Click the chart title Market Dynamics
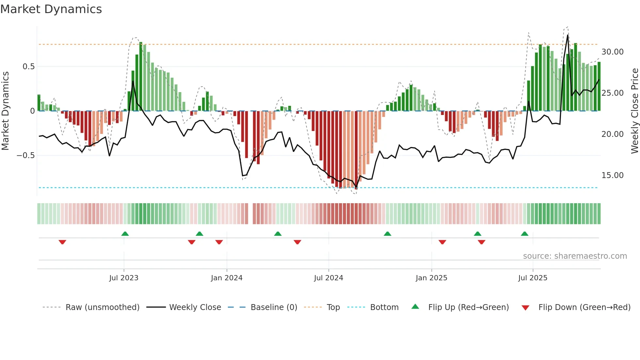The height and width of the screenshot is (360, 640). click(x=51, y=9)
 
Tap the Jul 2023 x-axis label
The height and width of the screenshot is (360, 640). click(x=124, y=278)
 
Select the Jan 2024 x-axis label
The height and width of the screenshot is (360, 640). click(x=227, y=278)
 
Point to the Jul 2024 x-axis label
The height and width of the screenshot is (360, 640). click(x=328, y=278)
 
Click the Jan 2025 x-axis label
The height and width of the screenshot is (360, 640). click(x=431, y=278)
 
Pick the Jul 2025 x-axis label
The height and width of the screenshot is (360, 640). click(x=533, y=278)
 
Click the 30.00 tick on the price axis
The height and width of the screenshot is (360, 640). click(x=612, y=52)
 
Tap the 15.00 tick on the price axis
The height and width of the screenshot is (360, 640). click(x=612, y=175)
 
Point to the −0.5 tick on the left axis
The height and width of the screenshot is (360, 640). click(x=25, y=155)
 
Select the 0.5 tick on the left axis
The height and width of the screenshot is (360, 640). click(x=28, y=67)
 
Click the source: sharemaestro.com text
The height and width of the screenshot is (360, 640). click(x=575, y=256)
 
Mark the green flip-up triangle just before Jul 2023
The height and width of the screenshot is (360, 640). click(x=125, y=234)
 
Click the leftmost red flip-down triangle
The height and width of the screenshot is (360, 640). click(x=62, y=242)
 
